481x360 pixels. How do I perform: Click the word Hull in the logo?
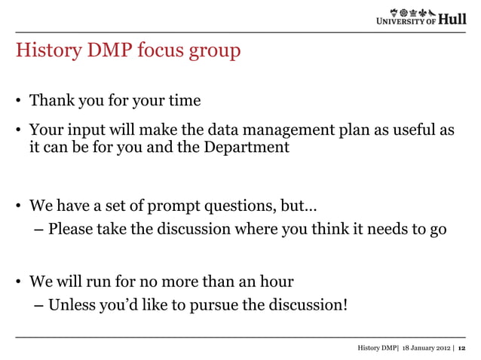[452, 20]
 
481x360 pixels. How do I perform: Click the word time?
[183, 101]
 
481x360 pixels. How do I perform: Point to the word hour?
[275, 282]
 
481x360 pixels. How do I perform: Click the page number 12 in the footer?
[462, 348]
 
